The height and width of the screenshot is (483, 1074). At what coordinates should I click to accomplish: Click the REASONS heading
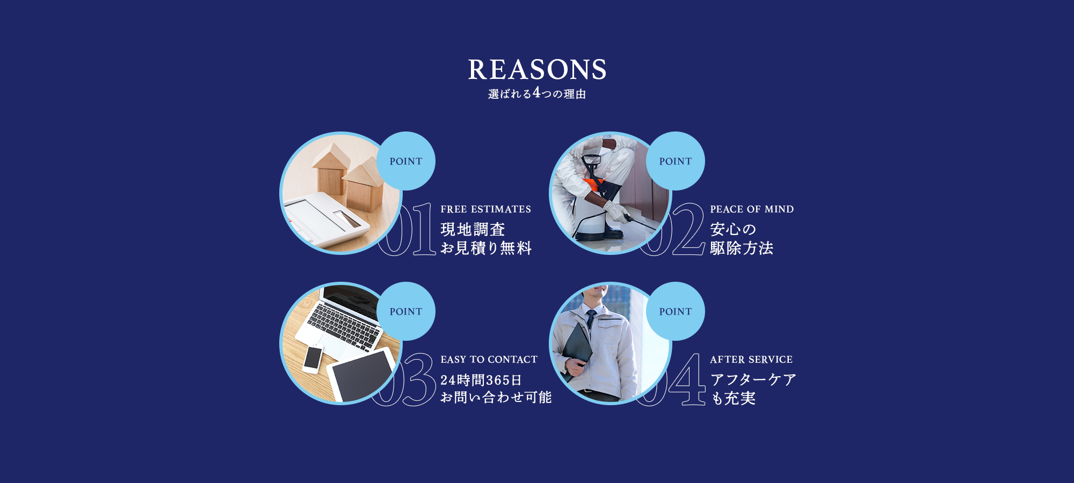[x=537, y=70]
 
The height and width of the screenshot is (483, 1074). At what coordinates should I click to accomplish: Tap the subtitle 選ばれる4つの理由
[x=537, y=93]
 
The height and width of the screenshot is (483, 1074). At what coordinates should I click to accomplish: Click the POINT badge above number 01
[x=406, y=161]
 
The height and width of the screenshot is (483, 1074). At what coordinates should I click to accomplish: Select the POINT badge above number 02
[x=676, y=161]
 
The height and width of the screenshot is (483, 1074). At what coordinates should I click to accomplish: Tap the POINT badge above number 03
[x=406, y=311]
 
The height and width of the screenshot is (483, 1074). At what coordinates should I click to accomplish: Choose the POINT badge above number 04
[x=676, y=311]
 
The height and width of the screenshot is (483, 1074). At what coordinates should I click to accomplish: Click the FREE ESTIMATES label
[x=486, y=209]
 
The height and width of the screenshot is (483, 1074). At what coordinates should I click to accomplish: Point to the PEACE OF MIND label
[x=752, y=209]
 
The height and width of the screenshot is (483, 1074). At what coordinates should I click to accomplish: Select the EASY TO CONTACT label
[x=489, y=360]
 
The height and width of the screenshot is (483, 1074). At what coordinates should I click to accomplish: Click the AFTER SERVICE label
[x=751, y=360]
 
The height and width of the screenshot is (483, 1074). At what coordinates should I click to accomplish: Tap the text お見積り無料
[x=486, y=248]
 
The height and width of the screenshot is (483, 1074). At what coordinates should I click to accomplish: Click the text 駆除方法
[x=742, y=248]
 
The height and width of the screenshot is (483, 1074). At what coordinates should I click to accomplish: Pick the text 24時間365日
[x=481, y=380]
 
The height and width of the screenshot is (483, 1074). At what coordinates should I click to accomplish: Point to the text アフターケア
[x=753, y=379]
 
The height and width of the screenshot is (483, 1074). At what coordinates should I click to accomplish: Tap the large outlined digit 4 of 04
[x=687, y=379]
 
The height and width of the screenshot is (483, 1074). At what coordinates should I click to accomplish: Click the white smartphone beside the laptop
[x=313, y=359]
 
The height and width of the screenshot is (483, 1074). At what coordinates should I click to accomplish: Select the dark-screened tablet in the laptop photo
[x=360, y=375]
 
